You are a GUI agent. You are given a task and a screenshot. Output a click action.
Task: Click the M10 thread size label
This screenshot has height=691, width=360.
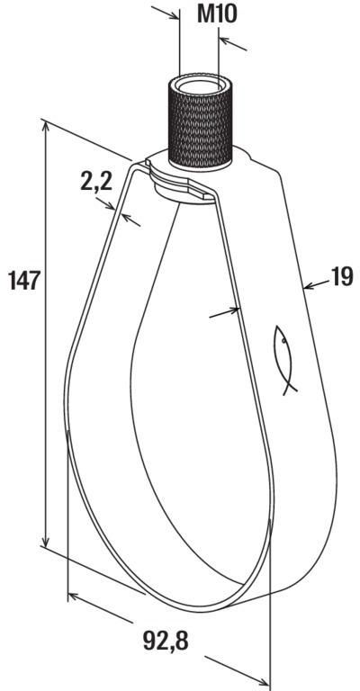217,14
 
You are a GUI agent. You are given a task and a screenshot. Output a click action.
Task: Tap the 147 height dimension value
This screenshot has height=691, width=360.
24,281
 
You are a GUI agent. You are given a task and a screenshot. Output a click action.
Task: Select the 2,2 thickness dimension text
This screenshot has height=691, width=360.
96,181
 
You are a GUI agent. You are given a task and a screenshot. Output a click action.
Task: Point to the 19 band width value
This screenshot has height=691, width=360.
342,277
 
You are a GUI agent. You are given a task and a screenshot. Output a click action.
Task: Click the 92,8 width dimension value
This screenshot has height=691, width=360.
166,642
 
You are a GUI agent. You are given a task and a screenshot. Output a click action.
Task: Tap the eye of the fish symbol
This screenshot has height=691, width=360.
283,340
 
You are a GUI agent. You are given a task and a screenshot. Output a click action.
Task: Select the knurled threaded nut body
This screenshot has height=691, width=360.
201,124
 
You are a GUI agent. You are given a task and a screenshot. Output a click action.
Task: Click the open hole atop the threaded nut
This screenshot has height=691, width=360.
201,85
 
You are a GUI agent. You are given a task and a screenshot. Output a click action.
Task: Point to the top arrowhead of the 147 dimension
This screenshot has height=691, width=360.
45,128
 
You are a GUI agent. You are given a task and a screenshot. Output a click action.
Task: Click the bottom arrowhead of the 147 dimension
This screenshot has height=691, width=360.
45,540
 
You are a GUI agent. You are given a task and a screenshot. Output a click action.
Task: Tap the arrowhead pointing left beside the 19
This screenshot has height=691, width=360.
309,287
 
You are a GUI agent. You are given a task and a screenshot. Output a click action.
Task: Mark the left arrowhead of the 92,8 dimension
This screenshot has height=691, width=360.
74,597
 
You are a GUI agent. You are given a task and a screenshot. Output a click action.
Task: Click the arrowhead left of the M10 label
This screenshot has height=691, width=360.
173,15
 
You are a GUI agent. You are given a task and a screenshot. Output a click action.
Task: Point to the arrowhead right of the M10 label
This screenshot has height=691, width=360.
225,40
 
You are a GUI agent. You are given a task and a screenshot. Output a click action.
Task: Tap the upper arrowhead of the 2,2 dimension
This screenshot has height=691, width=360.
111,206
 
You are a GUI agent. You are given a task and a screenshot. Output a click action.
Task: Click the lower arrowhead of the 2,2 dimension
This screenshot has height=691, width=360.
127,218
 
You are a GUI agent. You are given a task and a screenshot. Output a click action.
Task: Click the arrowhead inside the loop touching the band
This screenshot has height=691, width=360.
234,310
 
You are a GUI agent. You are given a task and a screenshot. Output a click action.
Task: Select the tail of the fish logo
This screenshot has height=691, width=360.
290,387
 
